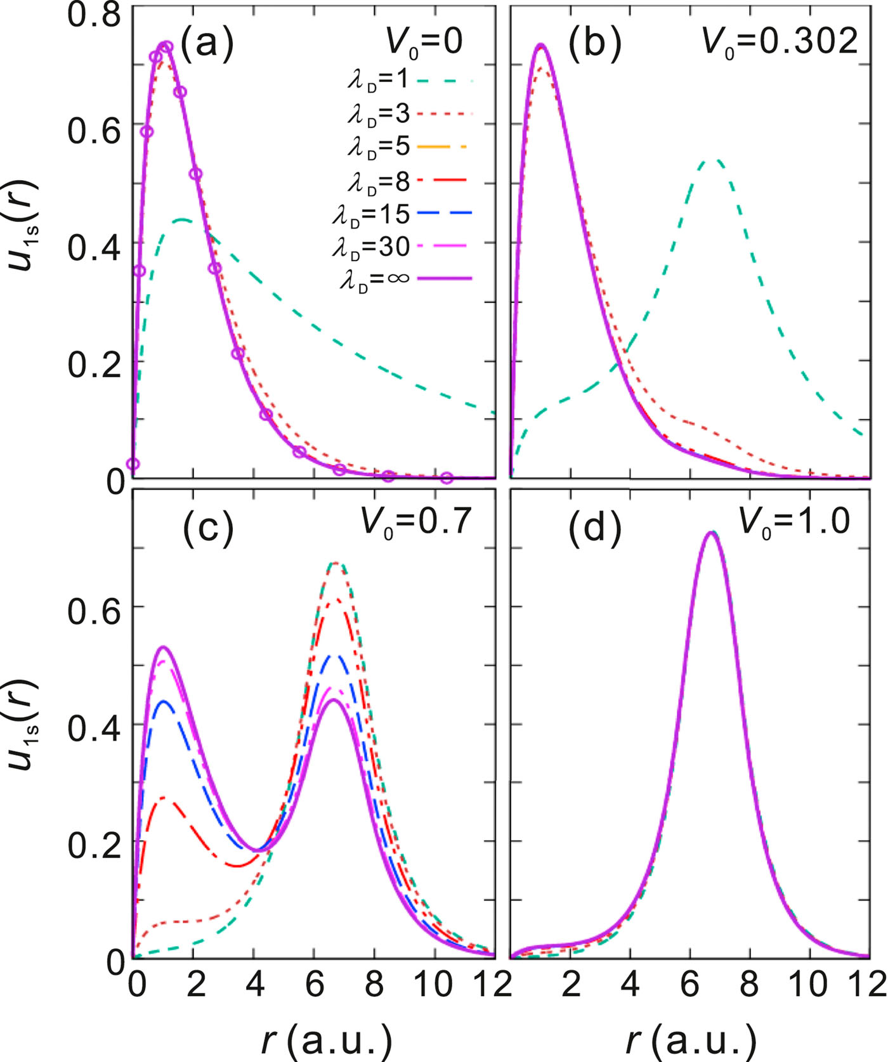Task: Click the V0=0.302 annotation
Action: [x=780, y=43]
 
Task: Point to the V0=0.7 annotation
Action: [x=416, y=524]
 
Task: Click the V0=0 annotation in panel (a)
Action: [x=424, y=43]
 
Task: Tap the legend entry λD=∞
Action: [x=406, y=279]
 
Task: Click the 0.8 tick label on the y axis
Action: [x=95, y=15]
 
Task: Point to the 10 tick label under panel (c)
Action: [x=435, y=985]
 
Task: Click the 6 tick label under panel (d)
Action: [x=689, y=985]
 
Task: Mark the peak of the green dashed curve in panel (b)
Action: [x=717, y=160]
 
